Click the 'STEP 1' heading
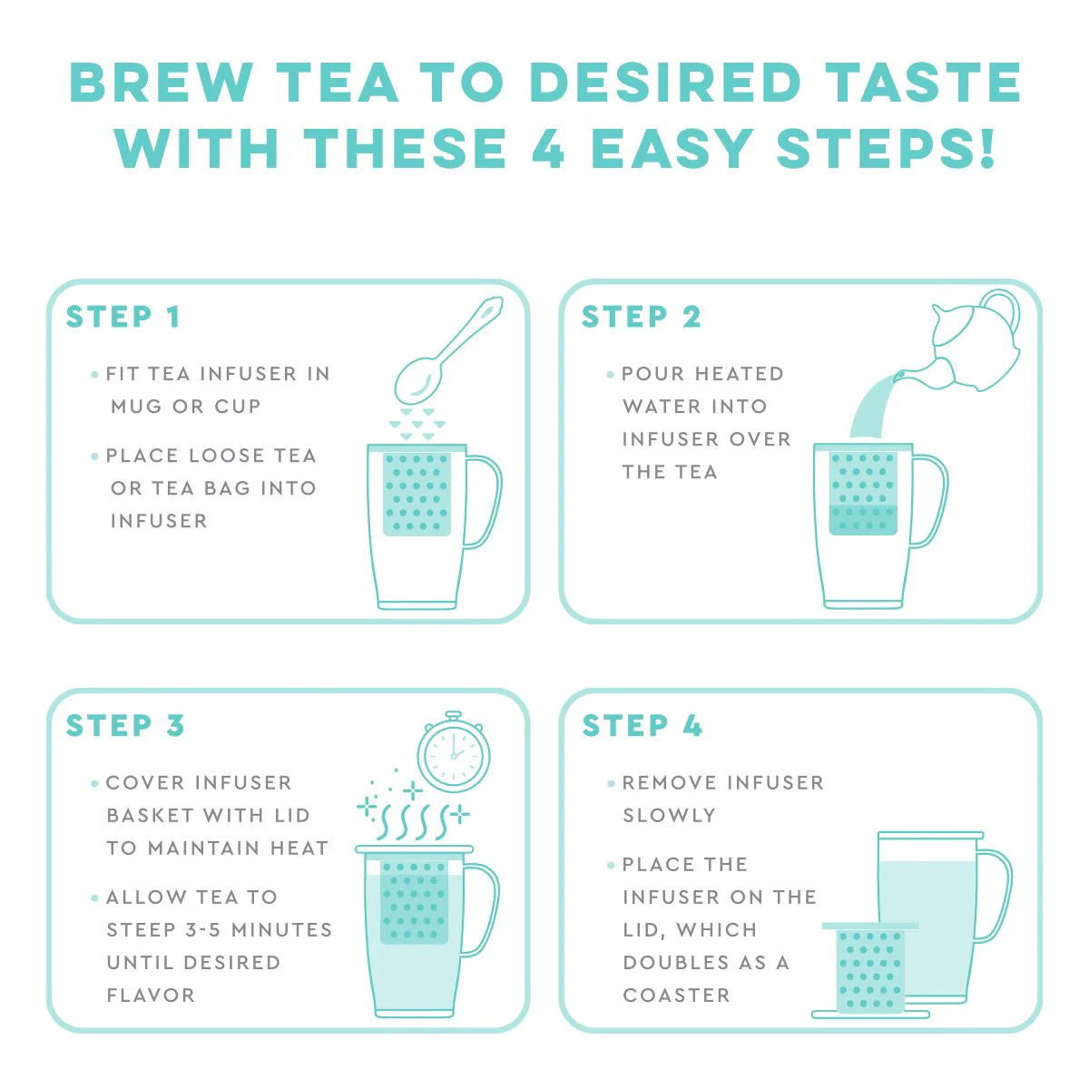[x=123, y=317]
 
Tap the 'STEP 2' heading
[x=641, y=317]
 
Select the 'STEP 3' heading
[x=125, y=726]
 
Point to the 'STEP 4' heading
[x=642, y=726]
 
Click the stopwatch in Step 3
[x=454, y=753]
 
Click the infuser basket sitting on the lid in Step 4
[x=870, y=969]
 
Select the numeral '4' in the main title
[x=548, y=149]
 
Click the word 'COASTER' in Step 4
[x=676, y=996]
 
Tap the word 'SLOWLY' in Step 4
[x=669, y=816]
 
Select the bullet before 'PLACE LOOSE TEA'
[x=94, y=456]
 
